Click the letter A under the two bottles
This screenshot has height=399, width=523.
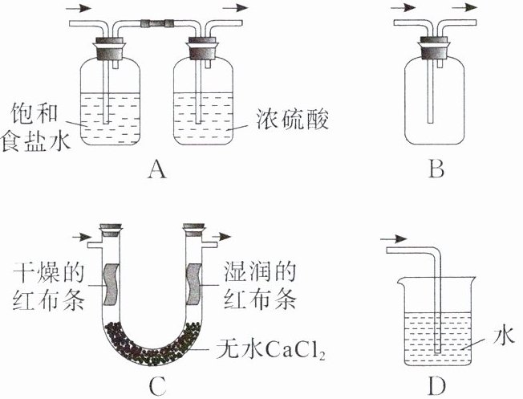point(156,169)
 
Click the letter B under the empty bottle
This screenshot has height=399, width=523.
point(436,169)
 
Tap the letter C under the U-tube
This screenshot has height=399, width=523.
point(158,386)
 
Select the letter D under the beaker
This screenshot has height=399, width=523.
point(436,386)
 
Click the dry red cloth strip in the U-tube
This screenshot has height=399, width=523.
point(111,281)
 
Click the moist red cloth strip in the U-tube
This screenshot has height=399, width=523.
point(193,281)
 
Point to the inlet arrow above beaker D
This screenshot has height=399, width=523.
point(392,238)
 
